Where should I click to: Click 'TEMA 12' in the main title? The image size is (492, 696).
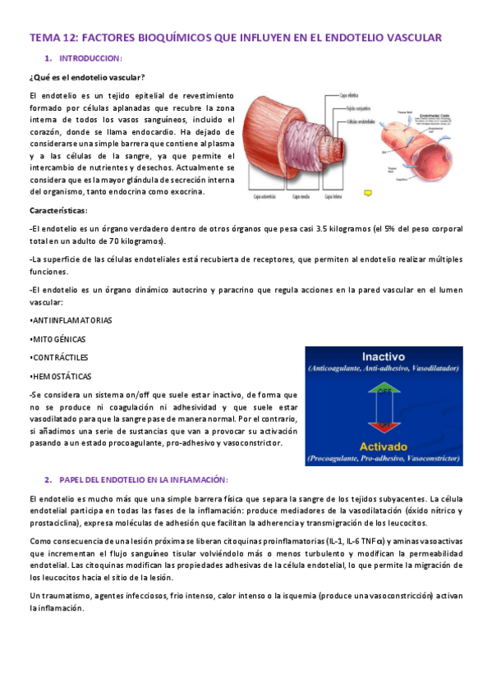coord(53,38)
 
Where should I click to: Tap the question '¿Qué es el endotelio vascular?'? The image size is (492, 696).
coord(87,78)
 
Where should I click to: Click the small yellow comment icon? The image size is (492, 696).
coord(368,192)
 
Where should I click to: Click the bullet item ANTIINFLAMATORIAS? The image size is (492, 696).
coord(71,319)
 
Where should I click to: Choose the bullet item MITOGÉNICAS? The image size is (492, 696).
coord(58,339)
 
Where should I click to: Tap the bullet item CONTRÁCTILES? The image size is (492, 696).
coord(59,358)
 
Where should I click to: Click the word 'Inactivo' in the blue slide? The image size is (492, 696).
coord(384,357)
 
